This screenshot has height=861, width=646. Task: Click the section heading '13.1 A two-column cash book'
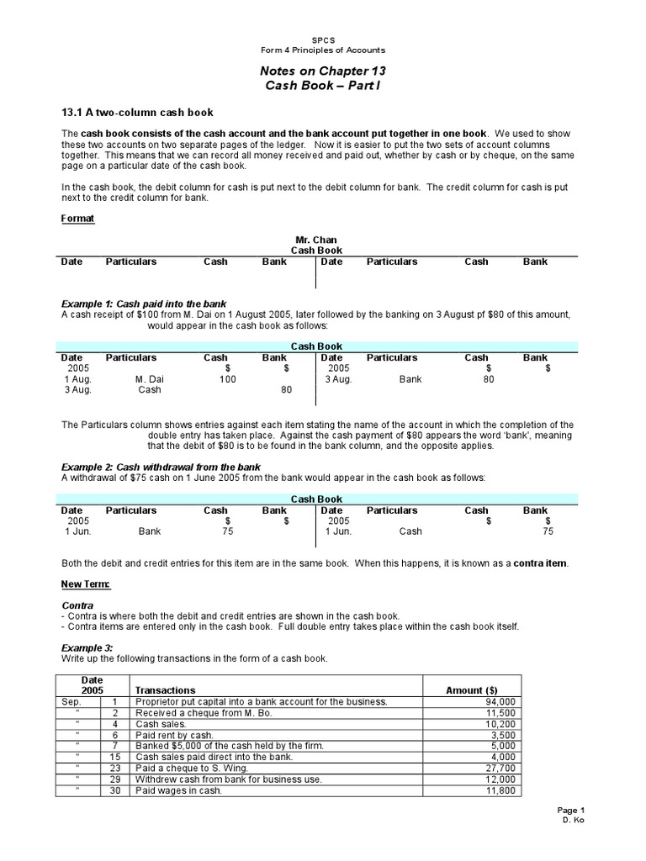(x=138, y=112)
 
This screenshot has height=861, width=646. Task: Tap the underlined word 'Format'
(x=78, y=219)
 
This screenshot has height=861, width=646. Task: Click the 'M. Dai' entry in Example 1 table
(x=150, y=379)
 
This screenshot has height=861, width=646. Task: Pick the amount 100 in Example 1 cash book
(x=228, y=379)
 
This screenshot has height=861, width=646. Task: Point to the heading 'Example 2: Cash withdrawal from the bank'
(x=161, y=467)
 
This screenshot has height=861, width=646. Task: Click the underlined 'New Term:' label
(x=86, y=584)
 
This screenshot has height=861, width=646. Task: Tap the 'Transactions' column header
(x=165, y=689)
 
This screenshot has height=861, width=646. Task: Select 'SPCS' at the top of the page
(x=323, y=39)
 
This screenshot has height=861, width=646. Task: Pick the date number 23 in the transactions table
(x=114, y=769)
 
